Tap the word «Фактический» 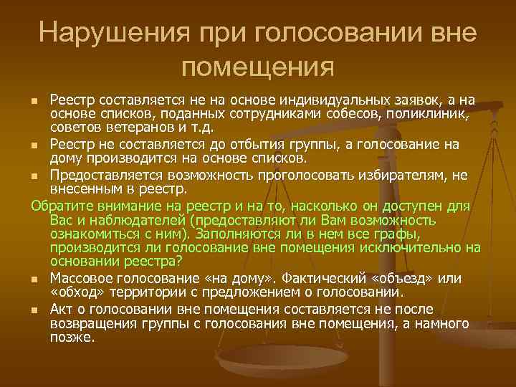330,279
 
